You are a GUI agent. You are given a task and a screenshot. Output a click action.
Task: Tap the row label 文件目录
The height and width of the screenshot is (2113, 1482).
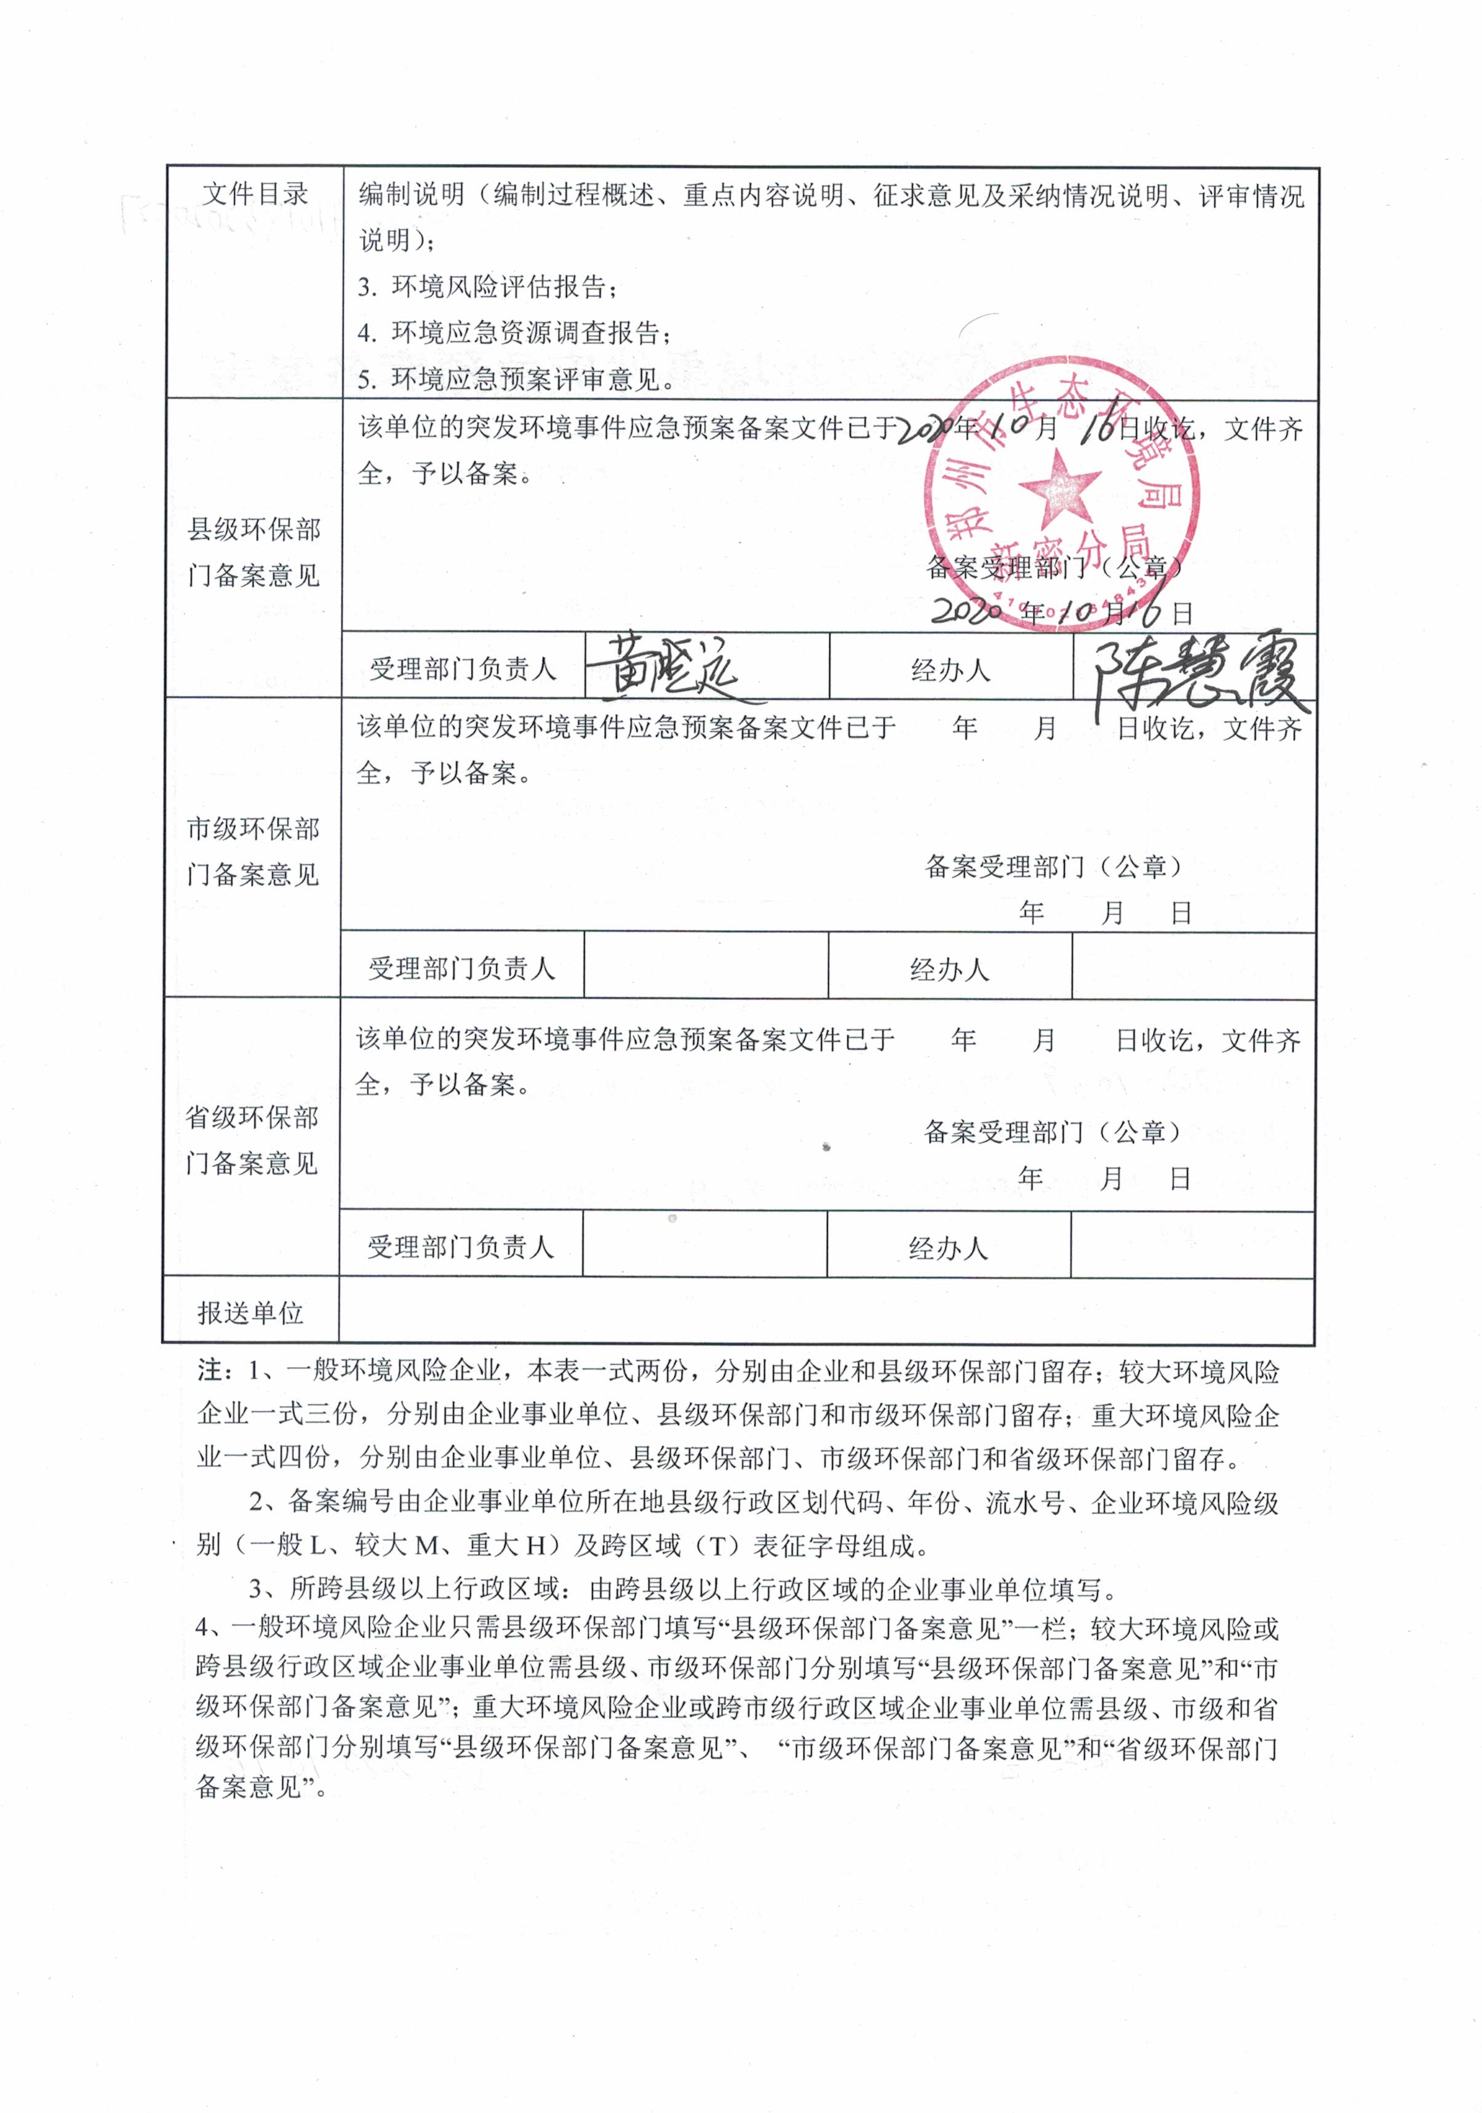point(255,194)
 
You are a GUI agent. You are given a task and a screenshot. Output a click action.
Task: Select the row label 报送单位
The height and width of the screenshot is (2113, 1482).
point(250,1312)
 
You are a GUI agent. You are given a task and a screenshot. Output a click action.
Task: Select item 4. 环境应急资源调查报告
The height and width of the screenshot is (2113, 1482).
point(514,332)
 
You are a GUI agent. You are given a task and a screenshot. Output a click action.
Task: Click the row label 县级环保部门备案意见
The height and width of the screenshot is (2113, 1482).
point(254,552)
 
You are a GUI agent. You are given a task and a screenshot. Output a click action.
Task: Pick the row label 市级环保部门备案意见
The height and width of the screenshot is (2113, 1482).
point(253,851)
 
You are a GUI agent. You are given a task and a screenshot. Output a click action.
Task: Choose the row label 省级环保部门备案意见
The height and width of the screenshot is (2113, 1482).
point(252,1140)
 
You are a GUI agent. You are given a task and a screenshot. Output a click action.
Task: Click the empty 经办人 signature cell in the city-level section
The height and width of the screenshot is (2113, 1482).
point(1193,966)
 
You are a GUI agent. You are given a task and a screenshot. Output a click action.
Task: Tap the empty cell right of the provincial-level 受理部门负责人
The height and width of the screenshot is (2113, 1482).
point(704,1245)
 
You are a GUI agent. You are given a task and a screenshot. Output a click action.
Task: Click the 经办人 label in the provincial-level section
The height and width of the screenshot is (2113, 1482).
point(948,1247)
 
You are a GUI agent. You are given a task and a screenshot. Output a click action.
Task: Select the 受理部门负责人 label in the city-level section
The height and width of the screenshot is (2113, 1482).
point(462,967)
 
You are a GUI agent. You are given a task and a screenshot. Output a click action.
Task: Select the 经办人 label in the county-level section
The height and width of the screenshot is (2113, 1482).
point(950,669)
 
